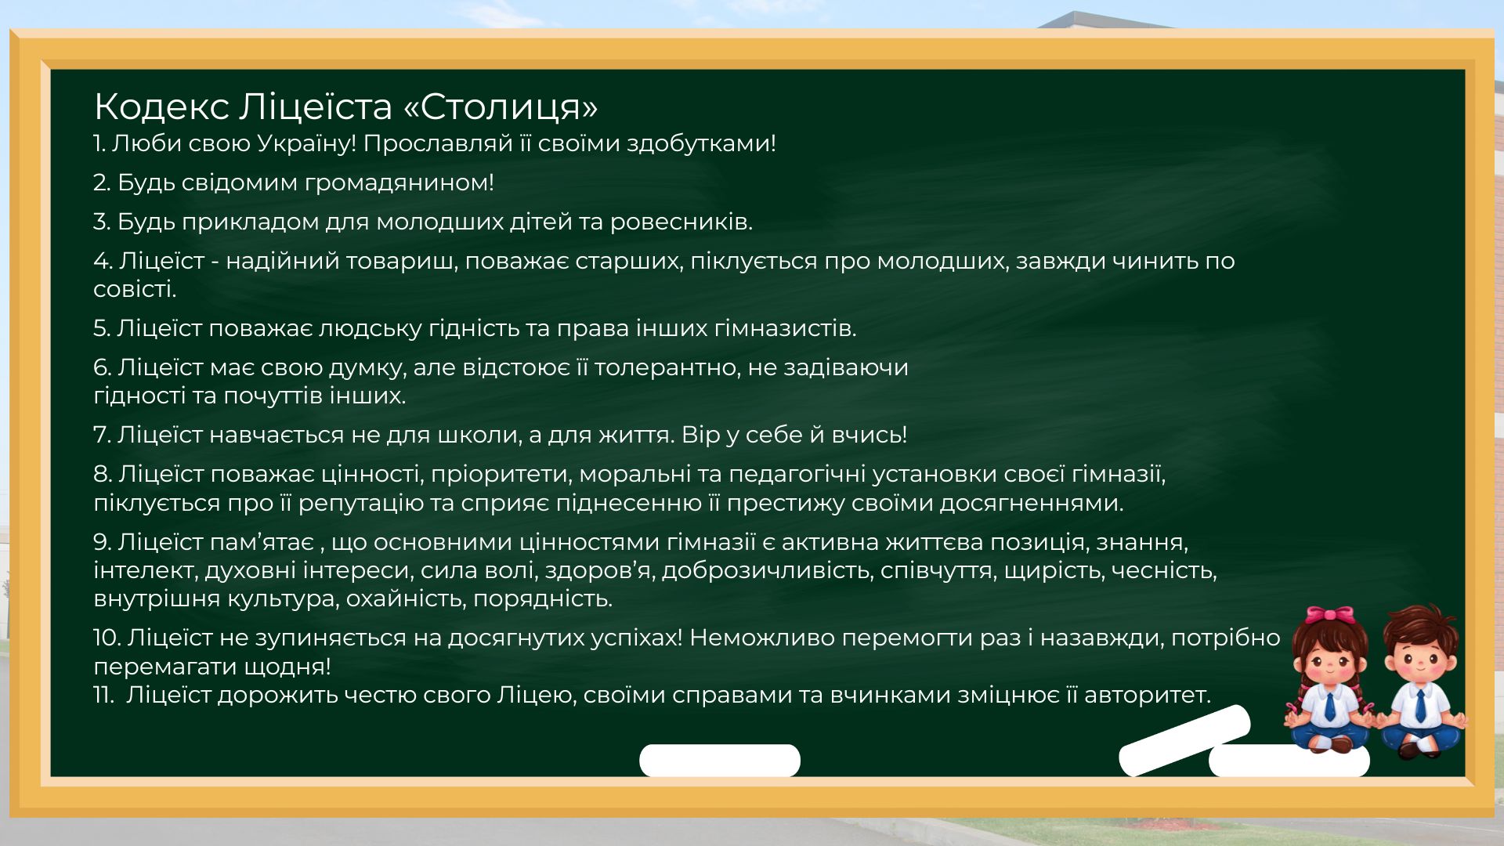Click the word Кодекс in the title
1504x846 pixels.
point(161,107)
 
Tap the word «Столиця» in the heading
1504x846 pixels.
point(501,107)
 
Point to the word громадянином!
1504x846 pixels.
point(399,183)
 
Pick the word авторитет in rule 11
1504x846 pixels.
point(1147,695)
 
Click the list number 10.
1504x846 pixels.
point(105,638)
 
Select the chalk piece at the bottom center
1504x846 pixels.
point(720,761)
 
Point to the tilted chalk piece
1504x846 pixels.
point(1184,740)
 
